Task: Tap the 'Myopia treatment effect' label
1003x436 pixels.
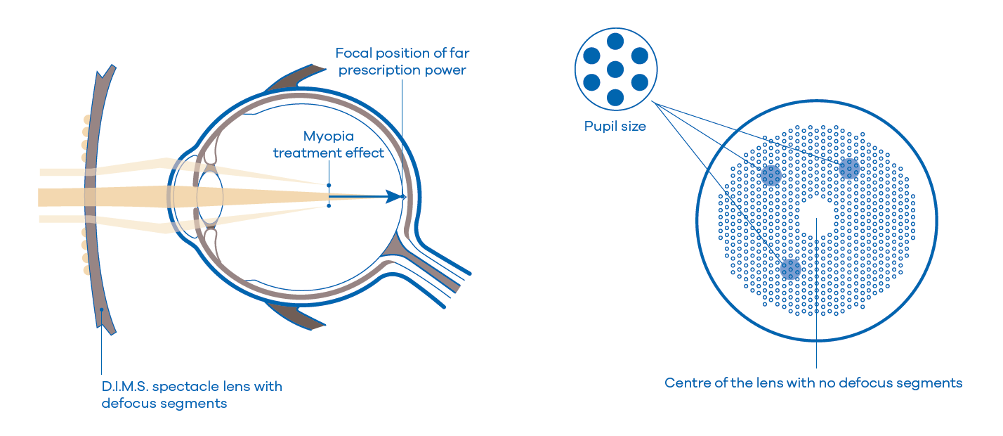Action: pos(329,144)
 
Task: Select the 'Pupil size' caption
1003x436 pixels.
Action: pos(615,127)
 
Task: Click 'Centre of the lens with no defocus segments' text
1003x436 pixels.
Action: pos(813,383)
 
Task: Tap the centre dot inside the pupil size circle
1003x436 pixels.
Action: pos(615,69)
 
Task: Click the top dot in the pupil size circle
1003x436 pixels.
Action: pos(615,41)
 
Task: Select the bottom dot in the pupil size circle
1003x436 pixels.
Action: pos(615,97)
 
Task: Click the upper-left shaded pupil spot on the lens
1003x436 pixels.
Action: pos(771,174)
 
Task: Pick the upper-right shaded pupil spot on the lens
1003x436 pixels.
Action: pos(849,168)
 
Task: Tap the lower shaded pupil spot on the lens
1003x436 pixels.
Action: pos(790,269)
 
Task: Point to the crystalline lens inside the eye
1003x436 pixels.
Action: pos(209,196)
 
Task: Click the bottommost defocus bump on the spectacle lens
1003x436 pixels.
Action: pos(87,270)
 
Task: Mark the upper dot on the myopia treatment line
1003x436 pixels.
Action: pos(329,186)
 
